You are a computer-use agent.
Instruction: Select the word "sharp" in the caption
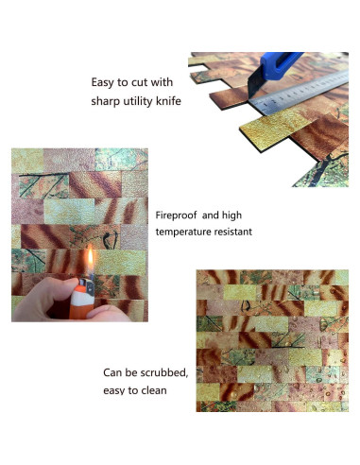pos(109,101)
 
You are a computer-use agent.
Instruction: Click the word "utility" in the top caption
pos(139,101)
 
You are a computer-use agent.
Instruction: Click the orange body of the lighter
pos(82,301)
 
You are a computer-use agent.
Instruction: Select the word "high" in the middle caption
pos(239,215)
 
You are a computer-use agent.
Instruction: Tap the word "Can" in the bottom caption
pos(114,372)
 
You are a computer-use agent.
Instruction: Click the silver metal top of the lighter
pos(86,281)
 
